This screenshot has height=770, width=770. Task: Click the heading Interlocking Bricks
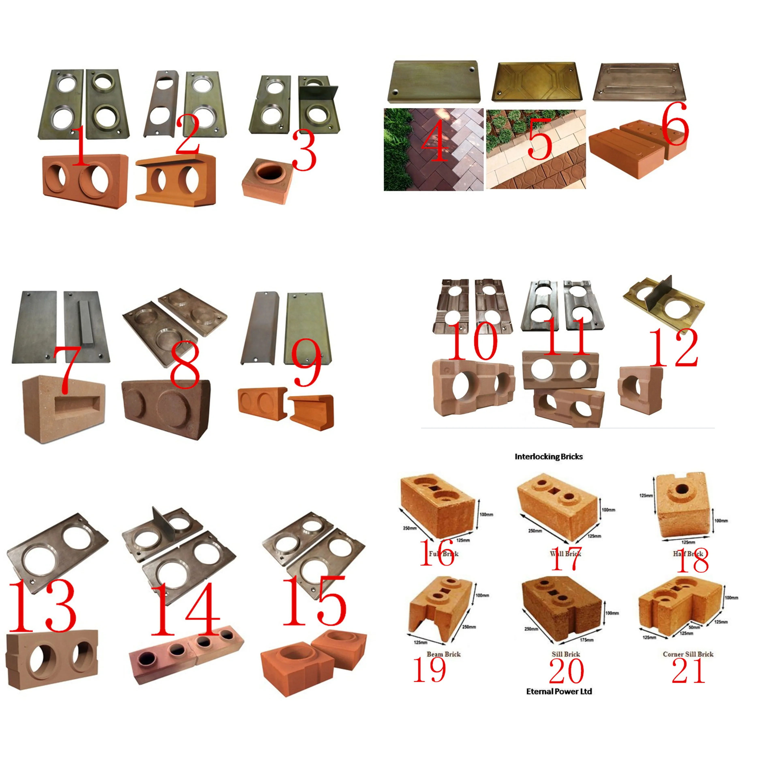click(x=548, y=456)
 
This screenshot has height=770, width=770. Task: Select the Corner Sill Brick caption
click(x=688, y=654)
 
